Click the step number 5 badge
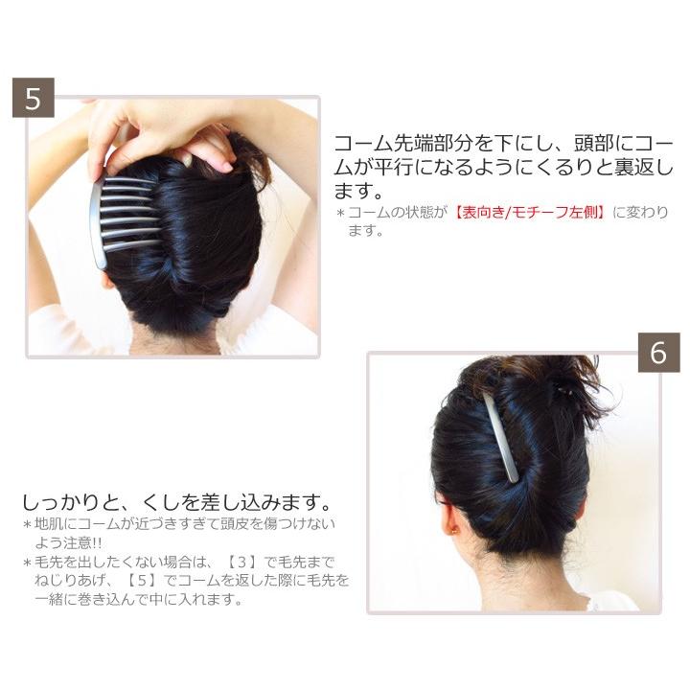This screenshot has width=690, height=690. click(x=34, y=98)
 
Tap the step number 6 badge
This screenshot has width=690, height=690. click(x=658, y=353)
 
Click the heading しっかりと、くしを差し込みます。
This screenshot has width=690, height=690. click(x=176, y=502)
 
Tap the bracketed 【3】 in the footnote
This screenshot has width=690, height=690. click(x=241, y=562)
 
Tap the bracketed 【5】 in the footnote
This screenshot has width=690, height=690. click(x=142, y=581)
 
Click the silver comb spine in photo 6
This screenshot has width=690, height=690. click(x=501, y=437)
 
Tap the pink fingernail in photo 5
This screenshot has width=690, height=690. click(x=227, y=167)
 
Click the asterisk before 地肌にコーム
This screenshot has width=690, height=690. click(x=27, y=524)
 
